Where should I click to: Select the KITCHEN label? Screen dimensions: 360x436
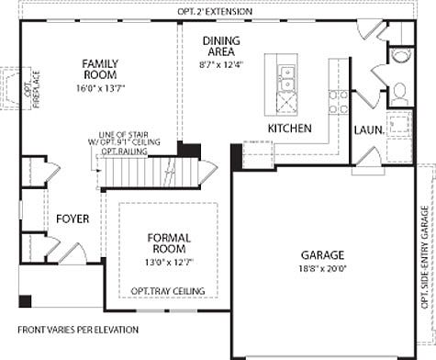coord(290,128)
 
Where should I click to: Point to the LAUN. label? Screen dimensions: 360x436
coord(368,129)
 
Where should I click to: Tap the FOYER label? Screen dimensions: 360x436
coord(73,219)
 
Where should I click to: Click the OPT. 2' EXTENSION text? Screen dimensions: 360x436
coord(218,11)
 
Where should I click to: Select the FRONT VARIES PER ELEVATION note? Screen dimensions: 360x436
coord(78,329)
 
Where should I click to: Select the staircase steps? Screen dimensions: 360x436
coord(151,171)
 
